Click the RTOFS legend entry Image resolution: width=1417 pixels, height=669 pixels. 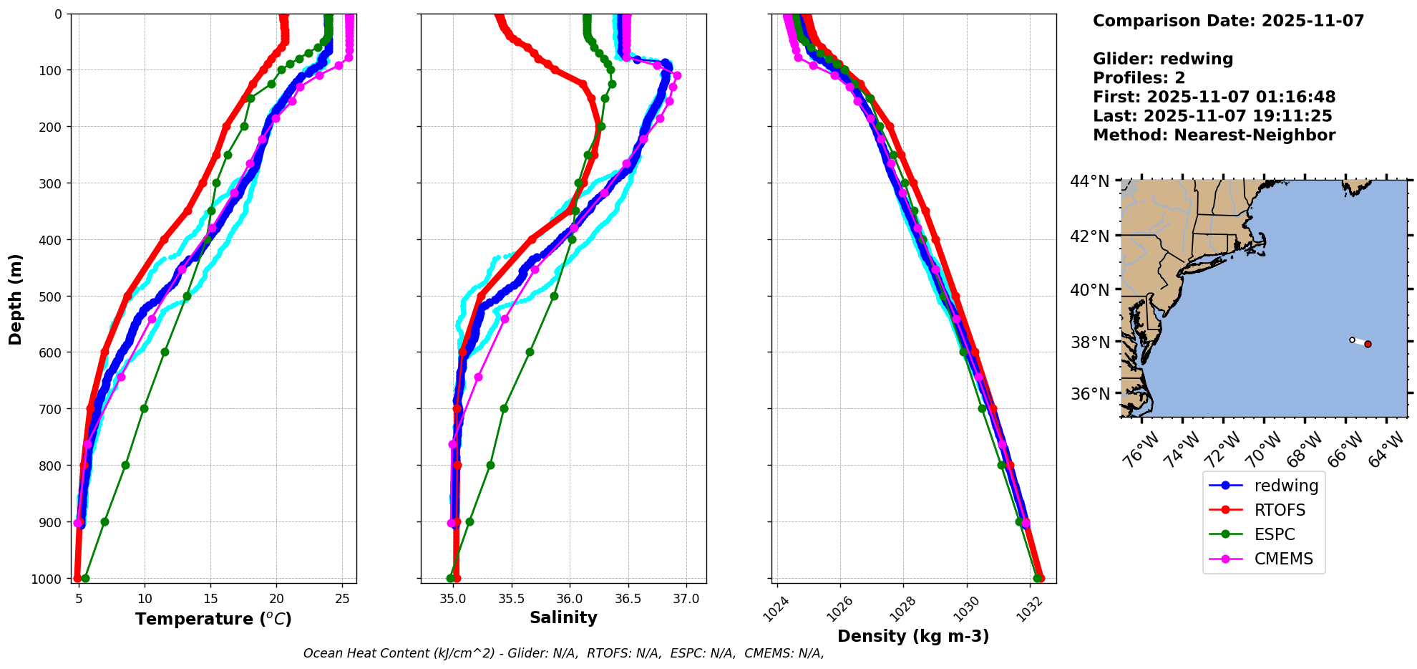coord(1280,510)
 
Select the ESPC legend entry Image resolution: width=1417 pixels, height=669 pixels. coord(1275,534)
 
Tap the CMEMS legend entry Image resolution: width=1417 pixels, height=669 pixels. coord(1283,559)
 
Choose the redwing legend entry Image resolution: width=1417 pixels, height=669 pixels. coord(1286,486)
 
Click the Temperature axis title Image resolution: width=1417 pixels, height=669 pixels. coord(213,619)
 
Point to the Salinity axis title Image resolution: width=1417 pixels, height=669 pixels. coord(563,617)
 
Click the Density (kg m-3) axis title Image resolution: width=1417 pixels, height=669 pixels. coord(913,636)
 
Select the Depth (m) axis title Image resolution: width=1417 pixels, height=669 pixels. coord(16,299)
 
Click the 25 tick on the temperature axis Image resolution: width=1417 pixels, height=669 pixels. coord(342,599)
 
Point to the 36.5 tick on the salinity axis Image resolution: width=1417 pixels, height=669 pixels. coord(628,599)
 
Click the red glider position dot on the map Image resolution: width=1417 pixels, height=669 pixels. coord(1368,345)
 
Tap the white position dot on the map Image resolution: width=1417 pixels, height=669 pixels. coord(1352,340)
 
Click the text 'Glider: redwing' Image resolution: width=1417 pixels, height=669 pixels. coord(1163,59)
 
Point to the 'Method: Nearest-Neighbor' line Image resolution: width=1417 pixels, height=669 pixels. coord(1214,135)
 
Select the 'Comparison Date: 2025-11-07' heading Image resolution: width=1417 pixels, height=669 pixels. coord(1228,21)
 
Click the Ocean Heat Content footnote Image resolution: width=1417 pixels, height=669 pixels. coord(563,653)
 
